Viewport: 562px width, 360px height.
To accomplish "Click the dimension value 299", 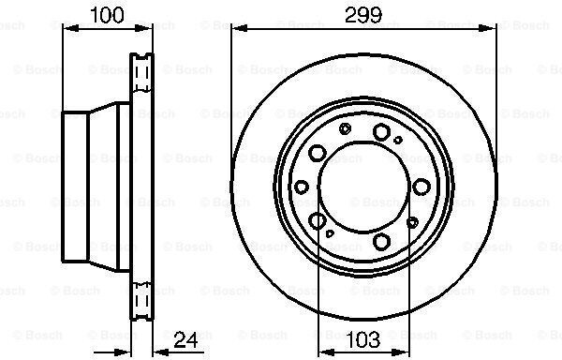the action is (363, 15).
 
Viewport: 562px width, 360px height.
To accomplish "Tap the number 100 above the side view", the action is (107, 15).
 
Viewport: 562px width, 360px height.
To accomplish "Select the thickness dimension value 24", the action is (185, 340).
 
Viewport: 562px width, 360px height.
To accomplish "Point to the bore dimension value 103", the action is (363, 339).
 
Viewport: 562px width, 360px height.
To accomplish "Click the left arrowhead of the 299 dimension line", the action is (240, 28).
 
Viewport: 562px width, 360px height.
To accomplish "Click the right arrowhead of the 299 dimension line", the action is (488, 28).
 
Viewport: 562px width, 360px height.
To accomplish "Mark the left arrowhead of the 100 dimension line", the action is (70, 28).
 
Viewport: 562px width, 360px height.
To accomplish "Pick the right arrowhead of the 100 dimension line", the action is (144, 28).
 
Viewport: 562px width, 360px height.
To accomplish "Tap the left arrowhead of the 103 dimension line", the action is (326, 352).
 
